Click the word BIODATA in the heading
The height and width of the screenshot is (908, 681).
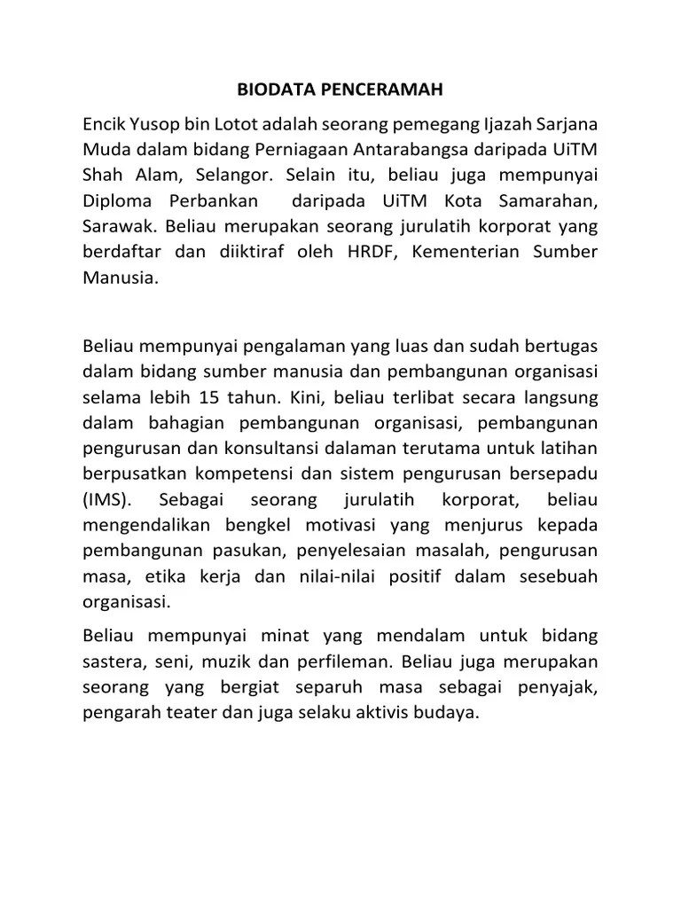point(270,90)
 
